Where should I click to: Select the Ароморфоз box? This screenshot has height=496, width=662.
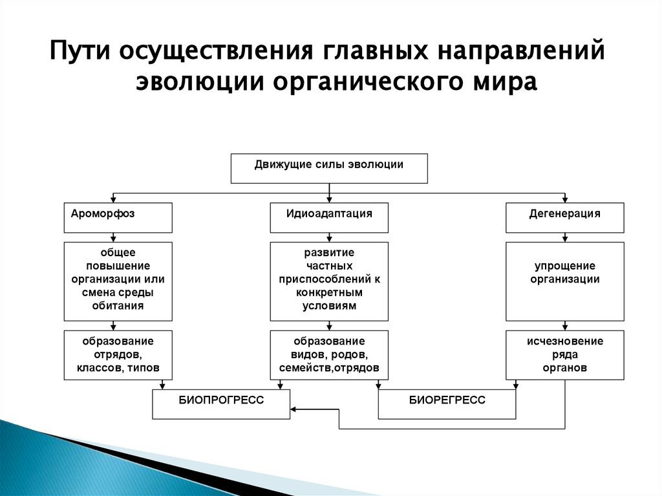[118, 217]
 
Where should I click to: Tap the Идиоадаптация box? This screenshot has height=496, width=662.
[329, 217]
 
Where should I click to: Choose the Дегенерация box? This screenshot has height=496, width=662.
[565, 217]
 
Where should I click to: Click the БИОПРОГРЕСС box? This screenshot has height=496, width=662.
[221, 404]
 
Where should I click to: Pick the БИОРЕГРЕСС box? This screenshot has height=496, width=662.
[447, 404]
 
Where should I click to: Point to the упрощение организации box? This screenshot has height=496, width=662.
[565, 281]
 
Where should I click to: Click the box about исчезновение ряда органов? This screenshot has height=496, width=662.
[565, 354]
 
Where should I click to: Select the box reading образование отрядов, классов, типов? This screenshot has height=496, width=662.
[118, 354]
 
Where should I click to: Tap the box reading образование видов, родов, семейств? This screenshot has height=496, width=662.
[329, 354]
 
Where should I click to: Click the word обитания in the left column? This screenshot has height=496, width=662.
[118, 306]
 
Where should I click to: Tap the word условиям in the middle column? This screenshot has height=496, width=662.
[329, 306]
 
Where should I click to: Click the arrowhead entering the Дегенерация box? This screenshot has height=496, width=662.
[565, 200]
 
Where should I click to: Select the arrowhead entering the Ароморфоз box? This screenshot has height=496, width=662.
[114, 200]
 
